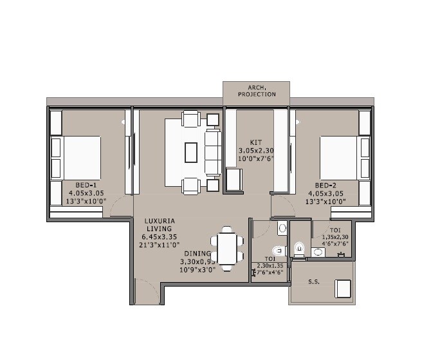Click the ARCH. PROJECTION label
(256, 90)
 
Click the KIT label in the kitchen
(255, 142)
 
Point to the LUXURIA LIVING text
(160, 224)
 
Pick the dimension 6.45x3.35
(160, 236)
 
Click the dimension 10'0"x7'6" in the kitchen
(256, 158)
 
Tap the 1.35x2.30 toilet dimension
(335, 236)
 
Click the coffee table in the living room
(191, 152)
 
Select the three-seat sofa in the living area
(212, 152)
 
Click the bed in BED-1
(77, 158)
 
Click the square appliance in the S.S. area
(343, 288)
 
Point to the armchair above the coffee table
(191, 119)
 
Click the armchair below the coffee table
(191, 185)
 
